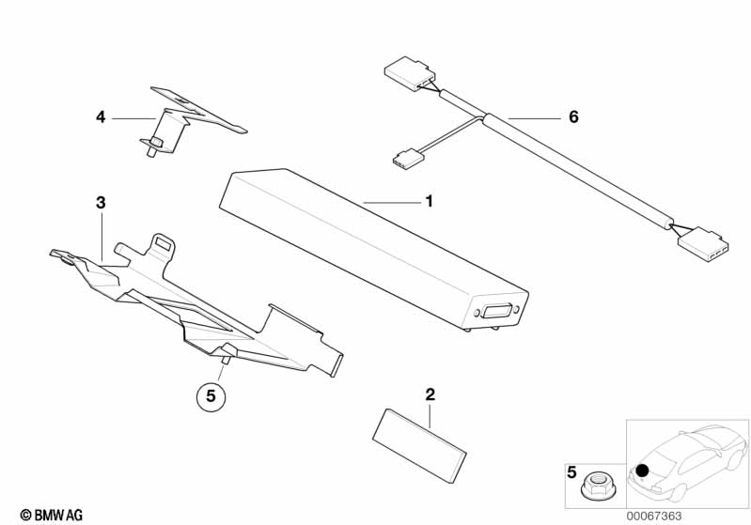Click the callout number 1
coord(429,201)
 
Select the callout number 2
coord(430,394)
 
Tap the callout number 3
coord(101,202)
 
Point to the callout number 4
coord(101,117)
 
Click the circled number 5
coord(211,396)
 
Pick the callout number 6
coord(573,117)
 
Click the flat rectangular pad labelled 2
coord(422,442)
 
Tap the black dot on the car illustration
coord(642,470)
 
